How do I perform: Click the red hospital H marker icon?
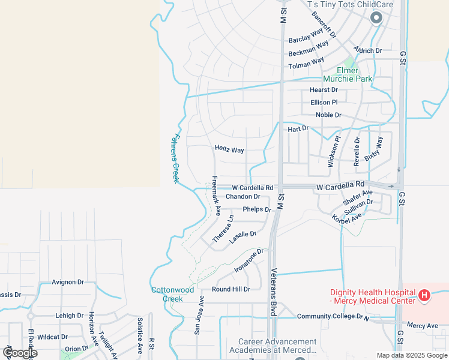pos(424,295)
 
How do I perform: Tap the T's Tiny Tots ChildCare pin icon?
pos(376,18)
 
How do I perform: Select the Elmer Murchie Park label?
pos(348,74)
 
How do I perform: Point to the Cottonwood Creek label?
pos(172,294)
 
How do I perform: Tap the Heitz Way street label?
pos(229,149)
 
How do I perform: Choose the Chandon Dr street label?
pos(243,197)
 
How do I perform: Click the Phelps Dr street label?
pos(258,209)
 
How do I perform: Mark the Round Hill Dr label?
pos(231,289)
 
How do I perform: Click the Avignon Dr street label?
pos(67,281)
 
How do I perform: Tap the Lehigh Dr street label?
pos(70,316)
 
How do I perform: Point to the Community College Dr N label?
pos(333,316)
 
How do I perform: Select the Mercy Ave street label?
pos(423,326)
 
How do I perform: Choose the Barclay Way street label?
pos(306,40)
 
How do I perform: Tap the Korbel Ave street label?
pos(346,217)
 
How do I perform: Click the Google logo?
pos(19,353)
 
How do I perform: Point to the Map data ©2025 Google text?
pos(412,355)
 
